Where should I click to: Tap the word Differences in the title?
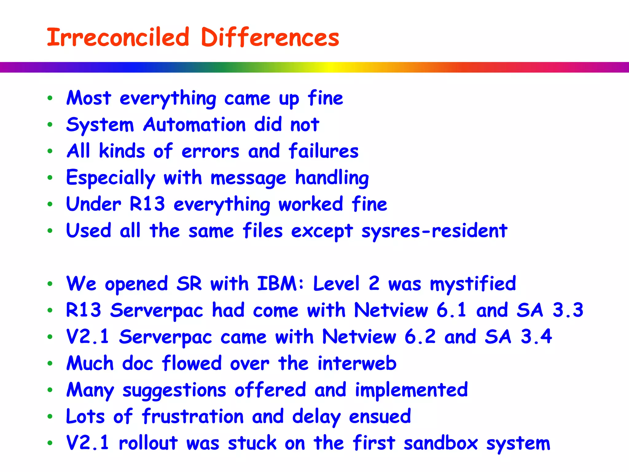coord(270,37)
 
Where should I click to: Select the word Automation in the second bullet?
coord(194,125)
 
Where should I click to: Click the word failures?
coord(323,151)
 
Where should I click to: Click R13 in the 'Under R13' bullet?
coord(147,204)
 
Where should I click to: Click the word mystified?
coord(473,284)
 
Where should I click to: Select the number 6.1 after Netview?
coord(451,310)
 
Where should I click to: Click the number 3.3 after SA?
coord(568,310)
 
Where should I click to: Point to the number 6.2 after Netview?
coord(420,336)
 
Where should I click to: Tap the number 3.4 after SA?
coord(536,336)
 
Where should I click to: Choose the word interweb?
coord(357,363)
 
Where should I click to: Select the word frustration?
coord(193,416)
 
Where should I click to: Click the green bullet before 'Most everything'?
coord(50,98)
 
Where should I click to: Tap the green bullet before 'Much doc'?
coord(50,364)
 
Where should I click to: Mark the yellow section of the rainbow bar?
coord(329,67)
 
